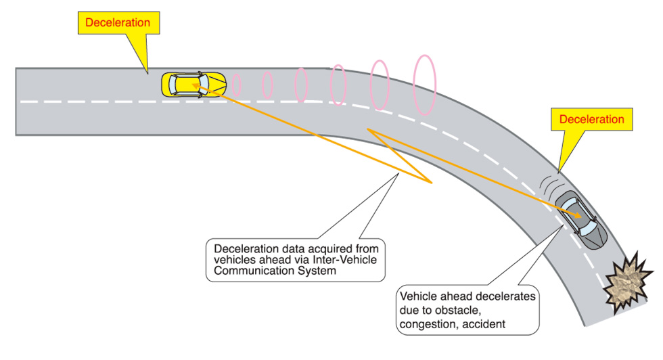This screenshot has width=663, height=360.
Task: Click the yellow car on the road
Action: pos(193,85)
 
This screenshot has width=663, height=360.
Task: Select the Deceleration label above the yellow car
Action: pos(118,22)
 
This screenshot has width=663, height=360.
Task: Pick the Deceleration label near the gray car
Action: pos(592,120)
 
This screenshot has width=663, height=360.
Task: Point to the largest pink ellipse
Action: pos(426,85)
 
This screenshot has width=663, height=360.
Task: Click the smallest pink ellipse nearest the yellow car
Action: pos(237,85)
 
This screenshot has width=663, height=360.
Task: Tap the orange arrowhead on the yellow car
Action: pos(196,85)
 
